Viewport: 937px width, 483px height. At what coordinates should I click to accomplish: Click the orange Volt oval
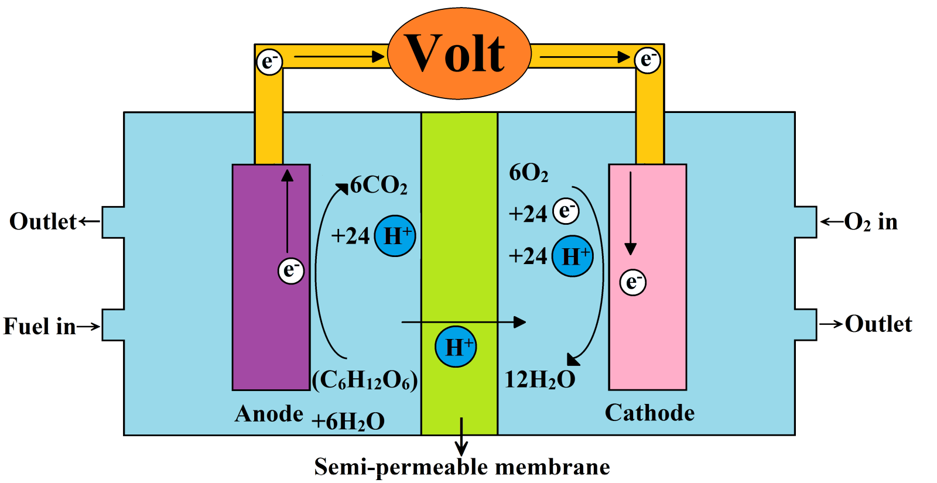[459, 54]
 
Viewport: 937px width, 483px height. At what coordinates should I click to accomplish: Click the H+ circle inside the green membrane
[456, 347]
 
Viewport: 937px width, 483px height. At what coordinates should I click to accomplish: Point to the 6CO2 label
[378, 186]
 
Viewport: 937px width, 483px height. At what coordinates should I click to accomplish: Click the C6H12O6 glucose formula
[364, 381]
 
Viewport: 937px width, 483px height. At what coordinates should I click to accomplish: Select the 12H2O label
[539, 380]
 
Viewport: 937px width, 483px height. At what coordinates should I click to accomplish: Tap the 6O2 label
[528, 173]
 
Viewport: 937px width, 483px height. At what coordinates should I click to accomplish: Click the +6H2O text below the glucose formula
[348, 422]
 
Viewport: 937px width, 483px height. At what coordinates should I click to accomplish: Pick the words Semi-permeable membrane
[461, 467]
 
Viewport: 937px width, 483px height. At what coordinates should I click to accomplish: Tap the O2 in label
[870, 222]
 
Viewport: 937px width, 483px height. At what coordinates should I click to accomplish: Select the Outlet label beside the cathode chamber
[878, 324]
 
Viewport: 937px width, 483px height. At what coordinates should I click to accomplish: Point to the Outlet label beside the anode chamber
[43, 222]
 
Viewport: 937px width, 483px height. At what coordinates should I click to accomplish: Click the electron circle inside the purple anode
[291, 270]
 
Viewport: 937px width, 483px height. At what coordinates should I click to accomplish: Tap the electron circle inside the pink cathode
[633, 282]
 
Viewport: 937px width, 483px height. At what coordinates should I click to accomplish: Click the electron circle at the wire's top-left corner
[269, 61]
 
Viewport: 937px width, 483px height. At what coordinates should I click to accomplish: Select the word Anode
[269, 414]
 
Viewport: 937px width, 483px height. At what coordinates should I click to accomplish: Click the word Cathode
[649, 413]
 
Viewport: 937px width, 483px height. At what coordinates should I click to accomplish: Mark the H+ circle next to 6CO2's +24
[395, 236]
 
